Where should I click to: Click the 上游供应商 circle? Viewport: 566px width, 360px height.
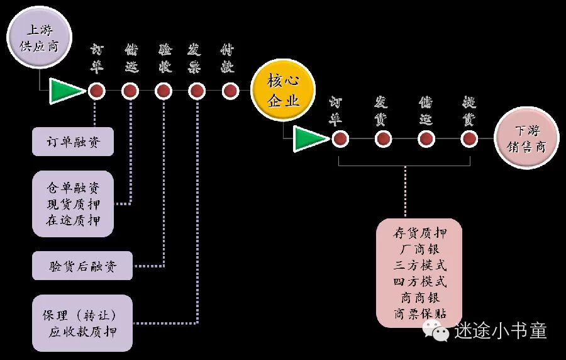coord(40,38)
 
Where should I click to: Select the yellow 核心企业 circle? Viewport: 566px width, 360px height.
coord(283,93)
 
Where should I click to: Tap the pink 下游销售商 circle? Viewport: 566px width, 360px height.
coord(526,139)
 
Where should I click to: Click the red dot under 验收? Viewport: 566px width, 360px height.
coord(164,91)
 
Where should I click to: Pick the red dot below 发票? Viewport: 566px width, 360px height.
coord(197,91)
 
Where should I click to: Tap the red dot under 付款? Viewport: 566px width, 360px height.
coord(229,91)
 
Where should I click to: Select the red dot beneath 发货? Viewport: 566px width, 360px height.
coord(383,139)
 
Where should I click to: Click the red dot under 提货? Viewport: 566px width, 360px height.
coord(469,139)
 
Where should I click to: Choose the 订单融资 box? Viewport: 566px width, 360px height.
coord(73,142)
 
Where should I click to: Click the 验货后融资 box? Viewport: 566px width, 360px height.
coord(82,266)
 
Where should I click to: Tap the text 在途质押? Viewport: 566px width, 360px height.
coord(73,220)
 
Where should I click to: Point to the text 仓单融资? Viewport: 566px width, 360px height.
coord(73,188)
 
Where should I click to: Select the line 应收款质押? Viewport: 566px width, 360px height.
coord(82,332)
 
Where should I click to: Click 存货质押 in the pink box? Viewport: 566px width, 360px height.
coord(419,233)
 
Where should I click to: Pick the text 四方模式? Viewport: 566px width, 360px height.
coord(419,281)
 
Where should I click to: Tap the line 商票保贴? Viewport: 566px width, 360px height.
coord(419,313)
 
